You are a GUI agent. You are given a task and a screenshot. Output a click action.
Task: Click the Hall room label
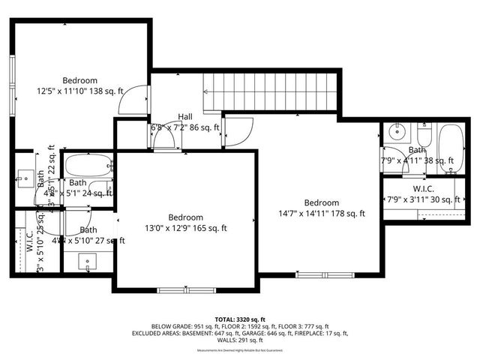coord(185,117)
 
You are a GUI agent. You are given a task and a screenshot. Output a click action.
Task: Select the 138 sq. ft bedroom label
coord(79,80)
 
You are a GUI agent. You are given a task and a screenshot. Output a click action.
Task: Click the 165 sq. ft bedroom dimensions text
coord(185,229)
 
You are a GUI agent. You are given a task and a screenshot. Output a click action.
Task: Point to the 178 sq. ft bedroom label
coord(321,202)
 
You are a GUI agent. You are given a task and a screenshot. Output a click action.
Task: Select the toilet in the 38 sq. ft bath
coord(424,136)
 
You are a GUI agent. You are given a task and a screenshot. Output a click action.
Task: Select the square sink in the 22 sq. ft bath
coord(24,178)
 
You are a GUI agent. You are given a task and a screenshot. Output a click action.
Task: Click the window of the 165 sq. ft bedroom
coord(186,289)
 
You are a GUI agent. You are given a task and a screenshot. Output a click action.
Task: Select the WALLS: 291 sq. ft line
coord(239,341)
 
